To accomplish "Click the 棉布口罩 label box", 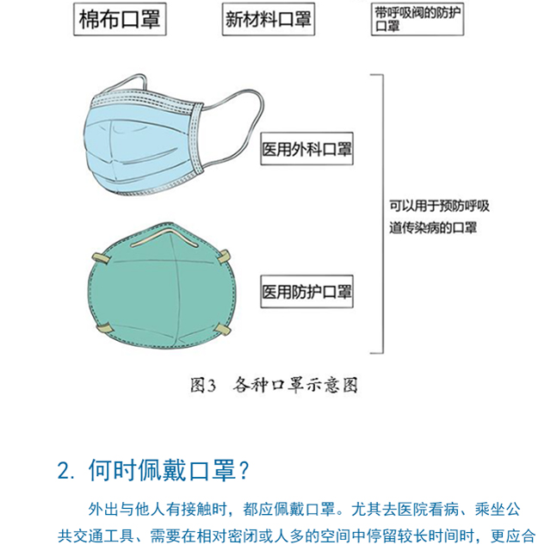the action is pyautogui.click(x=120, y=19).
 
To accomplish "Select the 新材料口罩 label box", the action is pyautogui.click(x=269, y=19).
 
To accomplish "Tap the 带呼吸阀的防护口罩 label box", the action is pyautogui.click(x=418, y=19).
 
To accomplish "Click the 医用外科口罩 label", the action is pyautogui.click(x=306, y=149).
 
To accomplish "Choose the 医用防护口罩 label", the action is pyautogui.click(x=306, y=292).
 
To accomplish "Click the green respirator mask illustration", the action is pyautogui.click(x=162, y=287).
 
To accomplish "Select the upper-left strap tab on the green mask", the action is pyautogui.click(x=101, y=258).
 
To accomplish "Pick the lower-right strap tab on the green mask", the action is pyautogui.click(x=223, y=330).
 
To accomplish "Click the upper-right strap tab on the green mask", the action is pyautogui.click(x=224, y=257).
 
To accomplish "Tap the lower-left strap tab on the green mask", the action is pyautogui.click(x=104, y=329).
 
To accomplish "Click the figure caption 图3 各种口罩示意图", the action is pyautogui.click(x=274, y=385).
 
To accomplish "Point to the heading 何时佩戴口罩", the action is pyautogui.click(x=162, y=470).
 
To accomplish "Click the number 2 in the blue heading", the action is pyautogui.click(x=63, y=471).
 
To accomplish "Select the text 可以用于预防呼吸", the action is pyautogui.click(x=439, y=206).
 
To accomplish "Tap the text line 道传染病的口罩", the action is pyautogui.click(x=433, y=227).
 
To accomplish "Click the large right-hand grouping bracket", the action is pyautogui.click(x=382, y=214).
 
